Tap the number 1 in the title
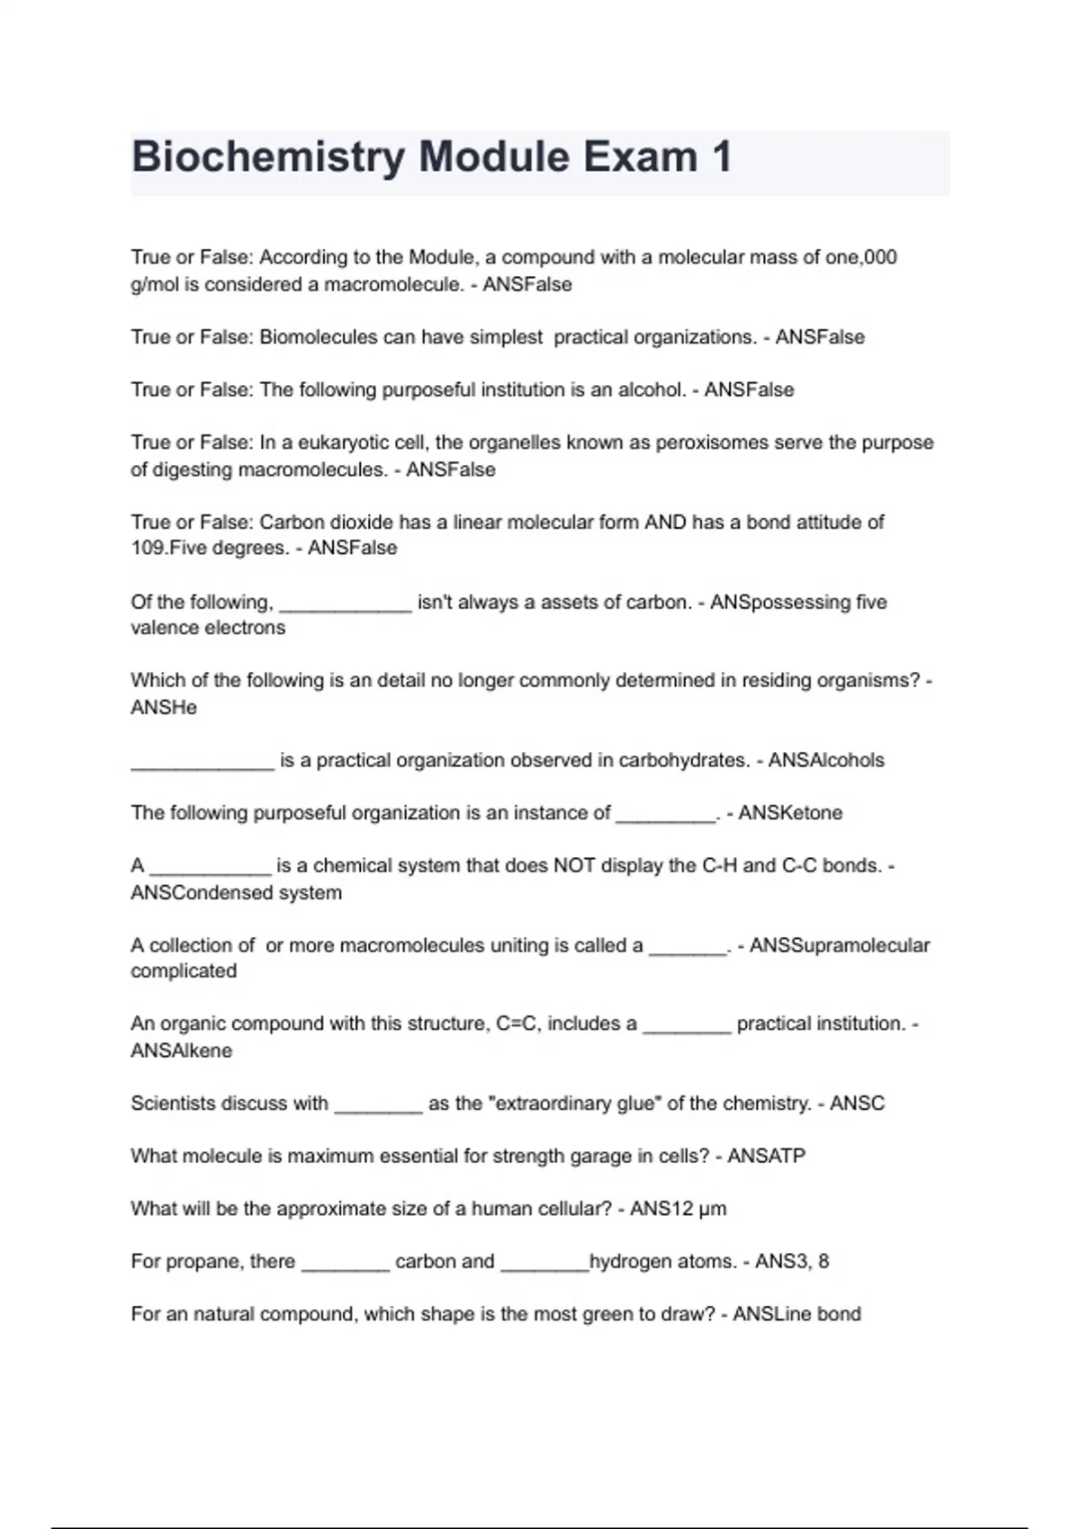coord(721,158)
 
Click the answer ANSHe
coord(164,708)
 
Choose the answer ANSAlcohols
coord(826,761)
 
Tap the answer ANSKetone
coord(790,813)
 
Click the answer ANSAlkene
coord(182,1051)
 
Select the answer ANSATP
coord(766,1156)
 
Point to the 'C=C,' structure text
coord(518,1024)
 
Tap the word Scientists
coord(173,1104)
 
